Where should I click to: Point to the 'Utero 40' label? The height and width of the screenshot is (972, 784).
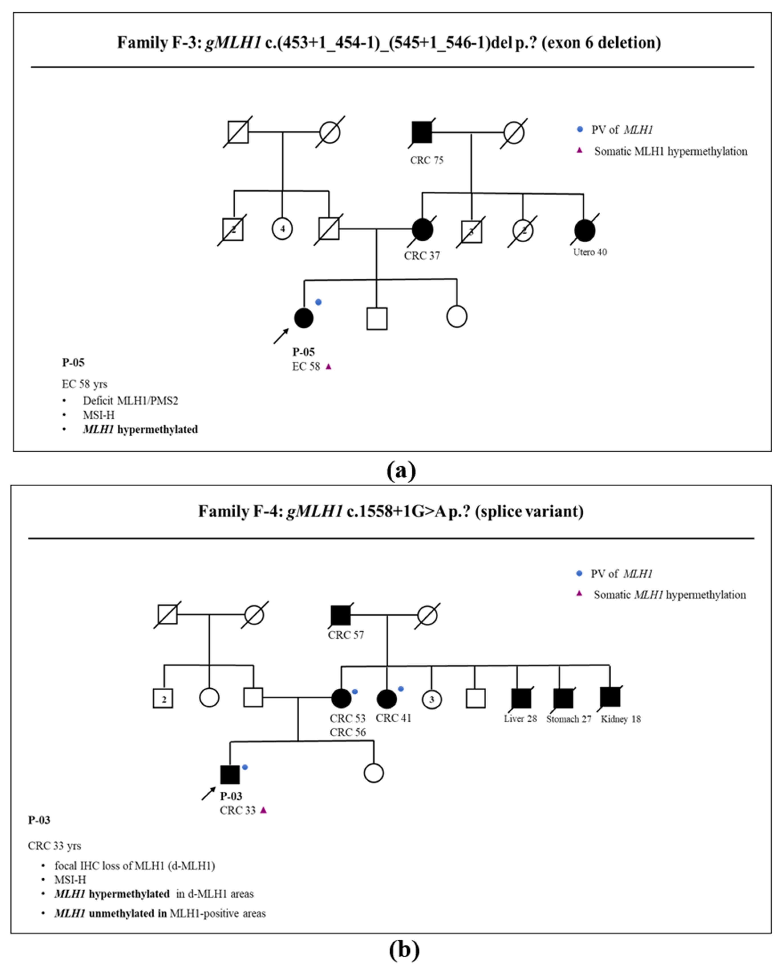[590, 252]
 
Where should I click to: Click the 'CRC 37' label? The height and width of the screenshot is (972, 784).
[422, 256]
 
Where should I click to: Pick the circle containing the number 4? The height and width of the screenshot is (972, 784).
[282, 229]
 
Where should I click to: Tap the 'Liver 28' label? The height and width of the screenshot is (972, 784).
[520, 718]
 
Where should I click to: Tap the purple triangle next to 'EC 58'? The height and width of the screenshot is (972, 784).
[329, 366]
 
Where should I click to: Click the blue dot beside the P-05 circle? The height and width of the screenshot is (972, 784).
[318, 302]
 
